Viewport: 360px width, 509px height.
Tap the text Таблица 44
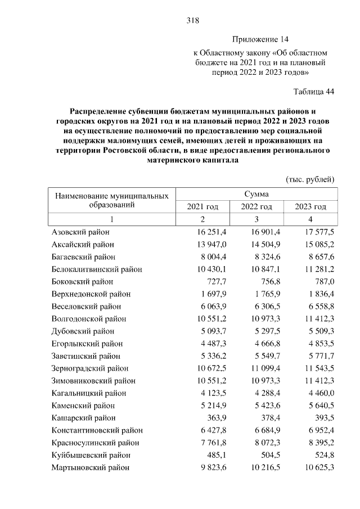pyautogui.click(x=314, y=92)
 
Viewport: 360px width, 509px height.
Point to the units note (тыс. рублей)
pyautogui.click(x=310, y=179)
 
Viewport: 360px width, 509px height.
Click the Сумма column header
pyautogui.click(x=256, y=194)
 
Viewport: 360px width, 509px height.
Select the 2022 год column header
pyautogui.click(x=256, y=207)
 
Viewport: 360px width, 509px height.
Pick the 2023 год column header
pyautogui.click(x=310, y=207)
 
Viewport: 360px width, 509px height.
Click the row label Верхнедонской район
pyautogui.click(x=91, y=294)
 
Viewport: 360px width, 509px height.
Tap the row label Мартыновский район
pyautogui.click(x=90, y=467)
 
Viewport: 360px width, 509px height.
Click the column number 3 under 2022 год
pyautogui.click(x=256, y=219)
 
